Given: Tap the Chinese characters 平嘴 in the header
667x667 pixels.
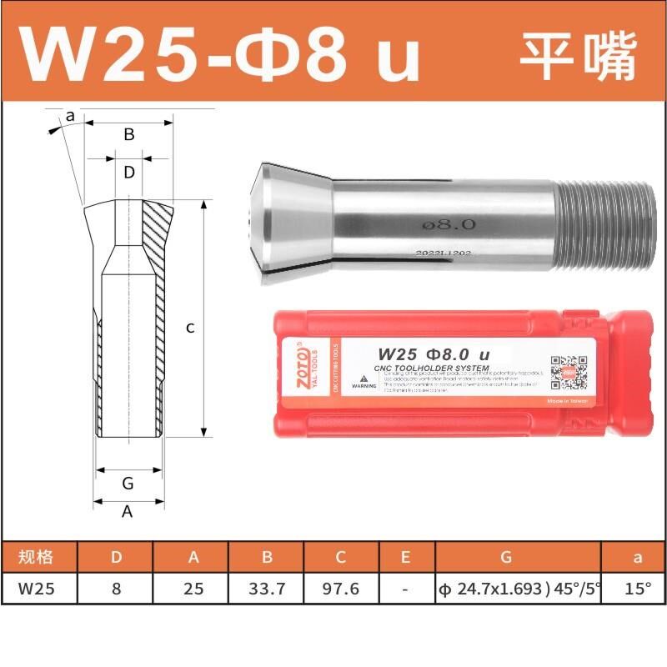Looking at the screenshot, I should click(x=577, y=55).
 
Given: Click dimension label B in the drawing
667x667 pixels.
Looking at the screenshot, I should click(x=129, y=134).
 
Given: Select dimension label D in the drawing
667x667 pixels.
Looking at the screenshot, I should click(x=129, y=173).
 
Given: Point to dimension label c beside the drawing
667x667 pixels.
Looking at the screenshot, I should click(x=190, y=328).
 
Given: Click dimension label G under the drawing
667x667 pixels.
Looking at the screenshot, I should click(x=128, y=483).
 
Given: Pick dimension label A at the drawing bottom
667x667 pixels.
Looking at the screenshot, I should click(x=128, y=512).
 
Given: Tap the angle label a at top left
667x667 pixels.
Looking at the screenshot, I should click(x=71, y=116).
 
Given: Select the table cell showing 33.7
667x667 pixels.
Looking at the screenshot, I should click(x=267, y=588).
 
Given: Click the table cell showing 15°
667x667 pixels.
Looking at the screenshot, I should click(x=638, y=588).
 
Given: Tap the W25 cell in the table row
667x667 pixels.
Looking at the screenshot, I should click(x=38, y=588).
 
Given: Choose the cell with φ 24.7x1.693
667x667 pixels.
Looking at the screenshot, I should click(x=518, y=588).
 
